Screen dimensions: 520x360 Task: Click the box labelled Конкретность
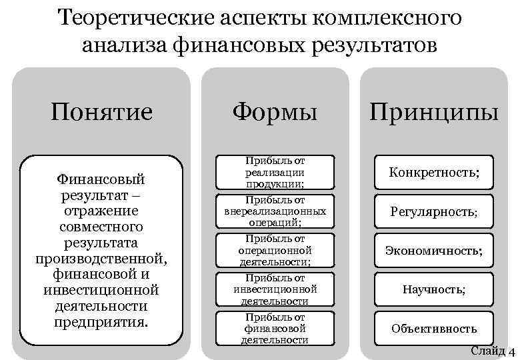[433, 173]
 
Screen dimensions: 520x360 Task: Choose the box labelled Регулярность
[433, 212]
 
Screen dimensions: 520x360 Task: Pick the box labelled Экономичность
[433, 251]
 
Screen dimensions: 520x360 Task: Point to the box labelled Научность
[433, 289]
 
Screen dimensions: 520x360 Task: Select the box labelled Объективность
[433, 328]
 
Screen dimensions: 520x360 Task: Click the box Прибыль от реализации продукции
[275, 173]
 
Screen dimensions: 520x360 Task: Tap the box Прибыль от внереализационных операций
[275, 211]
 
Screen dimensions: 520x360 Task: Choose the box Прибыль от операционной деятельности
[275, 250]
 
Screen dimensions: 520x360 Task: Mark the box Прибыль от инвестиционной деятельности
[275, 289]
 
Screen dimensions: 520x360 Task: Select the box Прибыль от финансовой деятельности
[275, 328]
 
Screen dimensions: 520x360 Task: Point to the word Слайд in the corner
[487, 351]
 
